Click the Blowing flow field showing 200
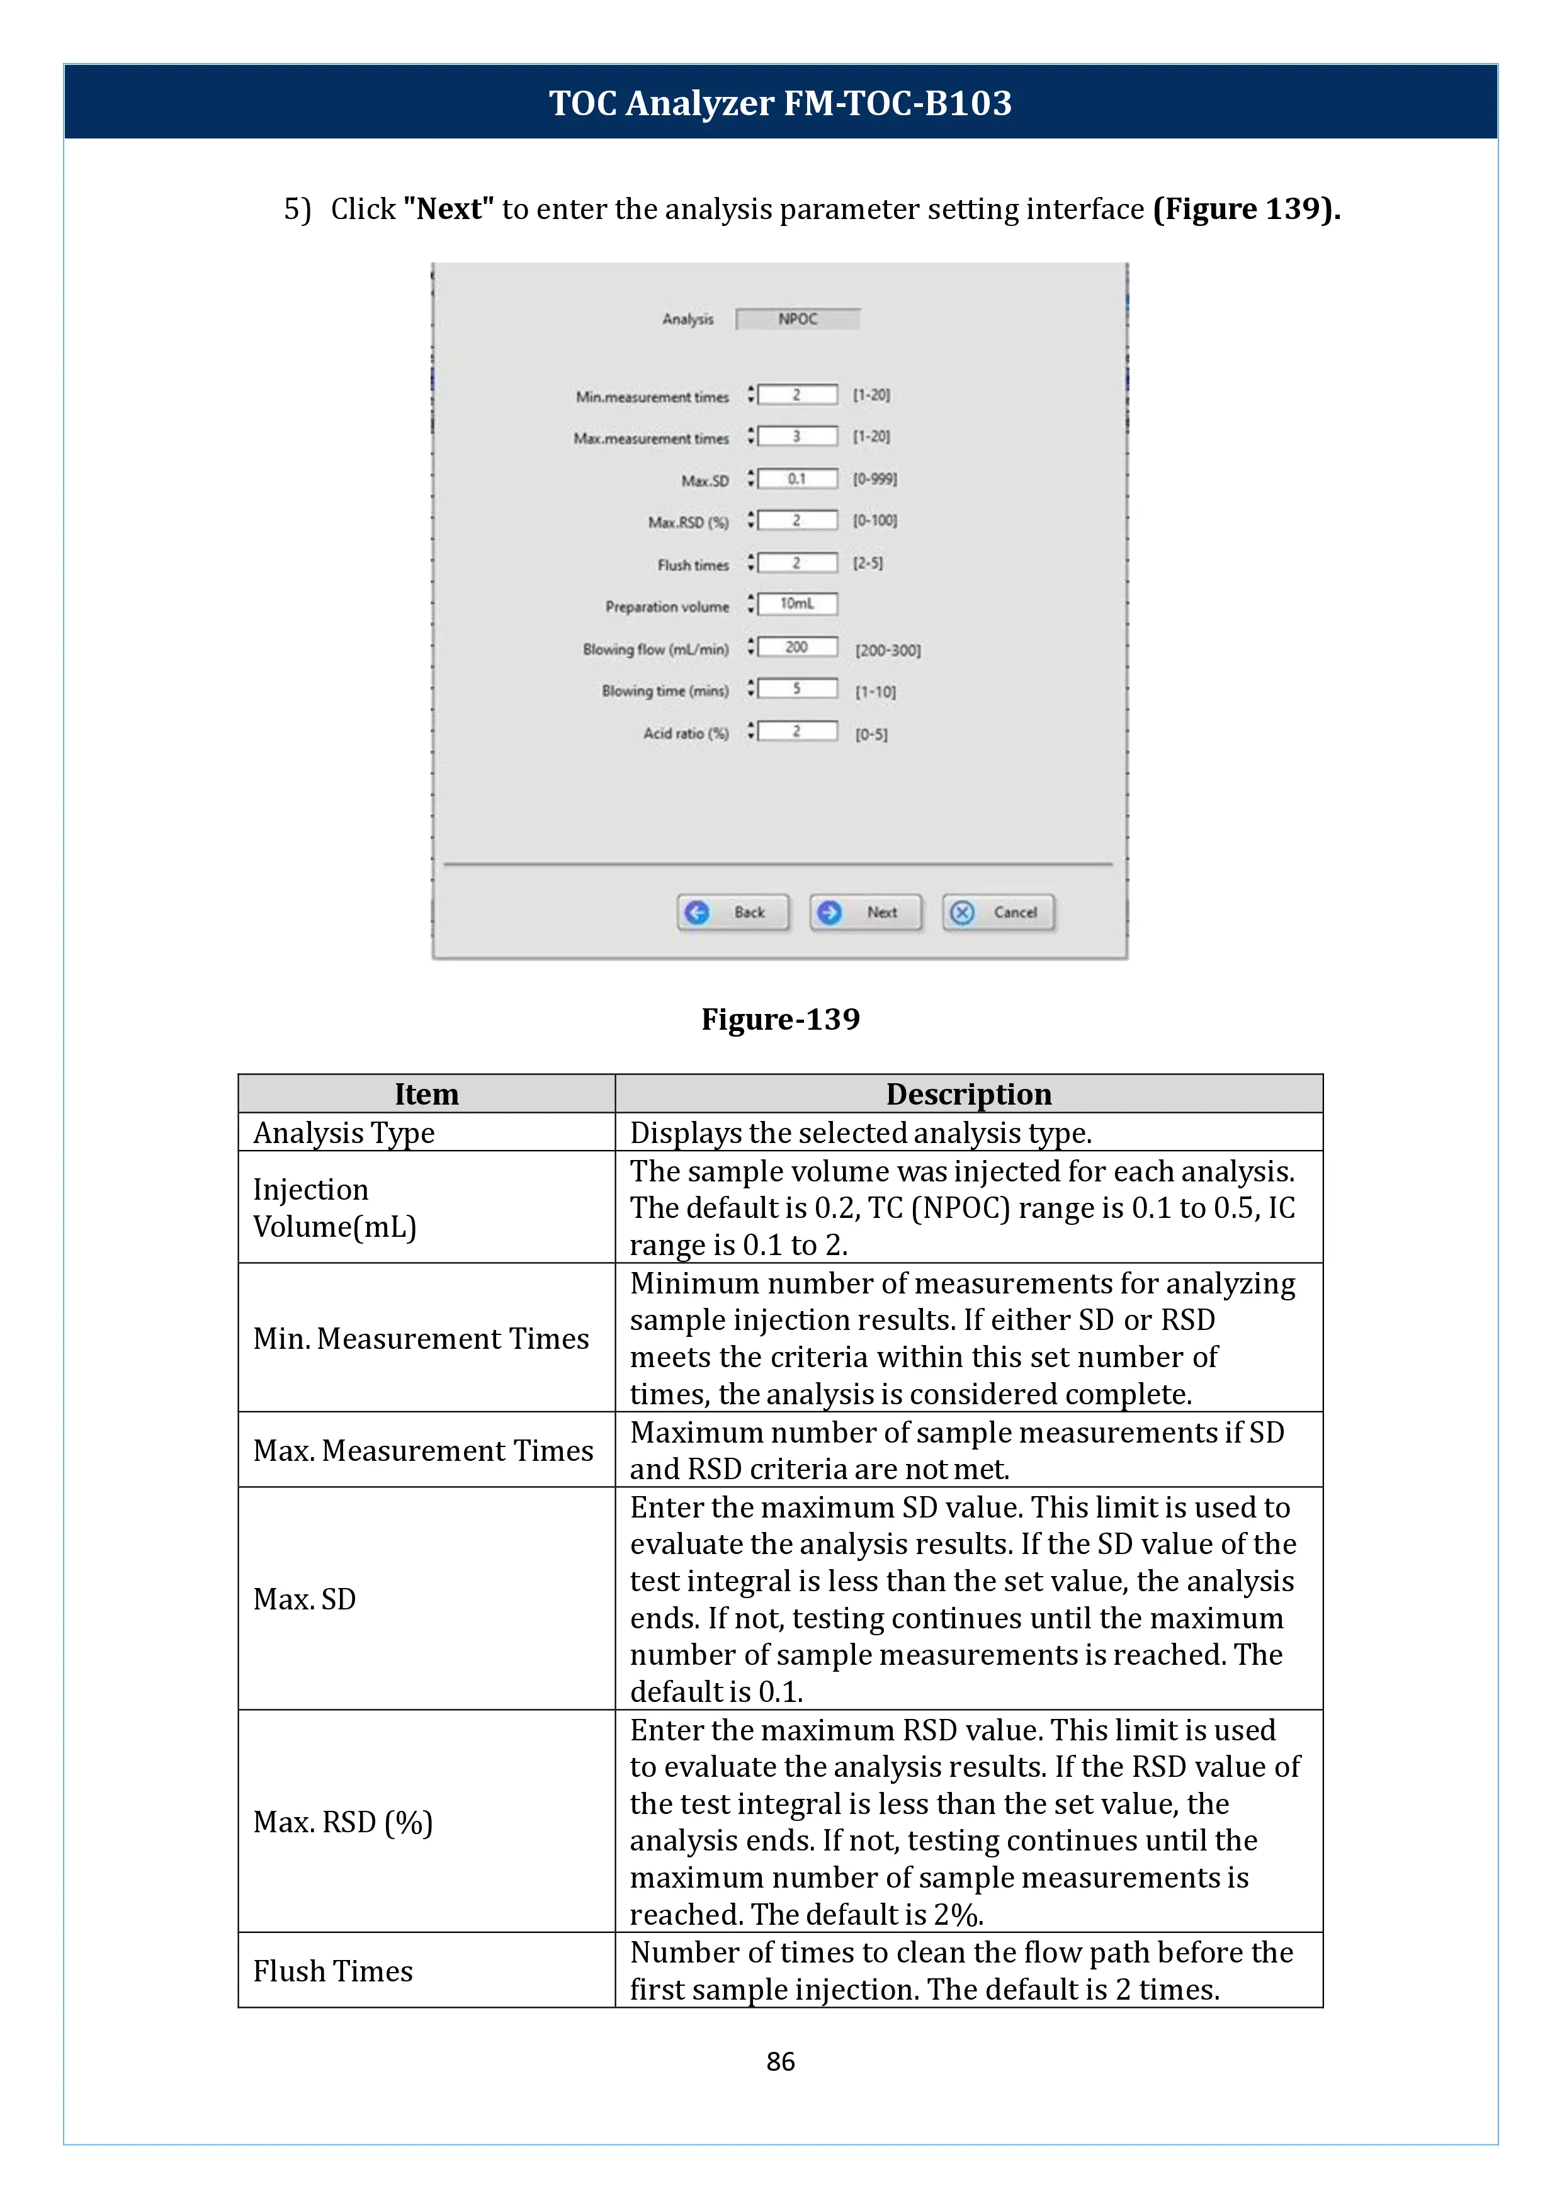[797, 646]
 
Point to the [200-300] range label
[888, 650]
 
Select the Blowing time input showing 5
[797, 689]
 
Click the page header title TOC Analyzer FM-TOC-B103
[780, 103]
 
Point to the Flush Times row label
[333, 1971]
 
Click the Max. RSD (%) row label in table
[342, 1822]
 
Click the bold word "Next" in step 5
[448, 209]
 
